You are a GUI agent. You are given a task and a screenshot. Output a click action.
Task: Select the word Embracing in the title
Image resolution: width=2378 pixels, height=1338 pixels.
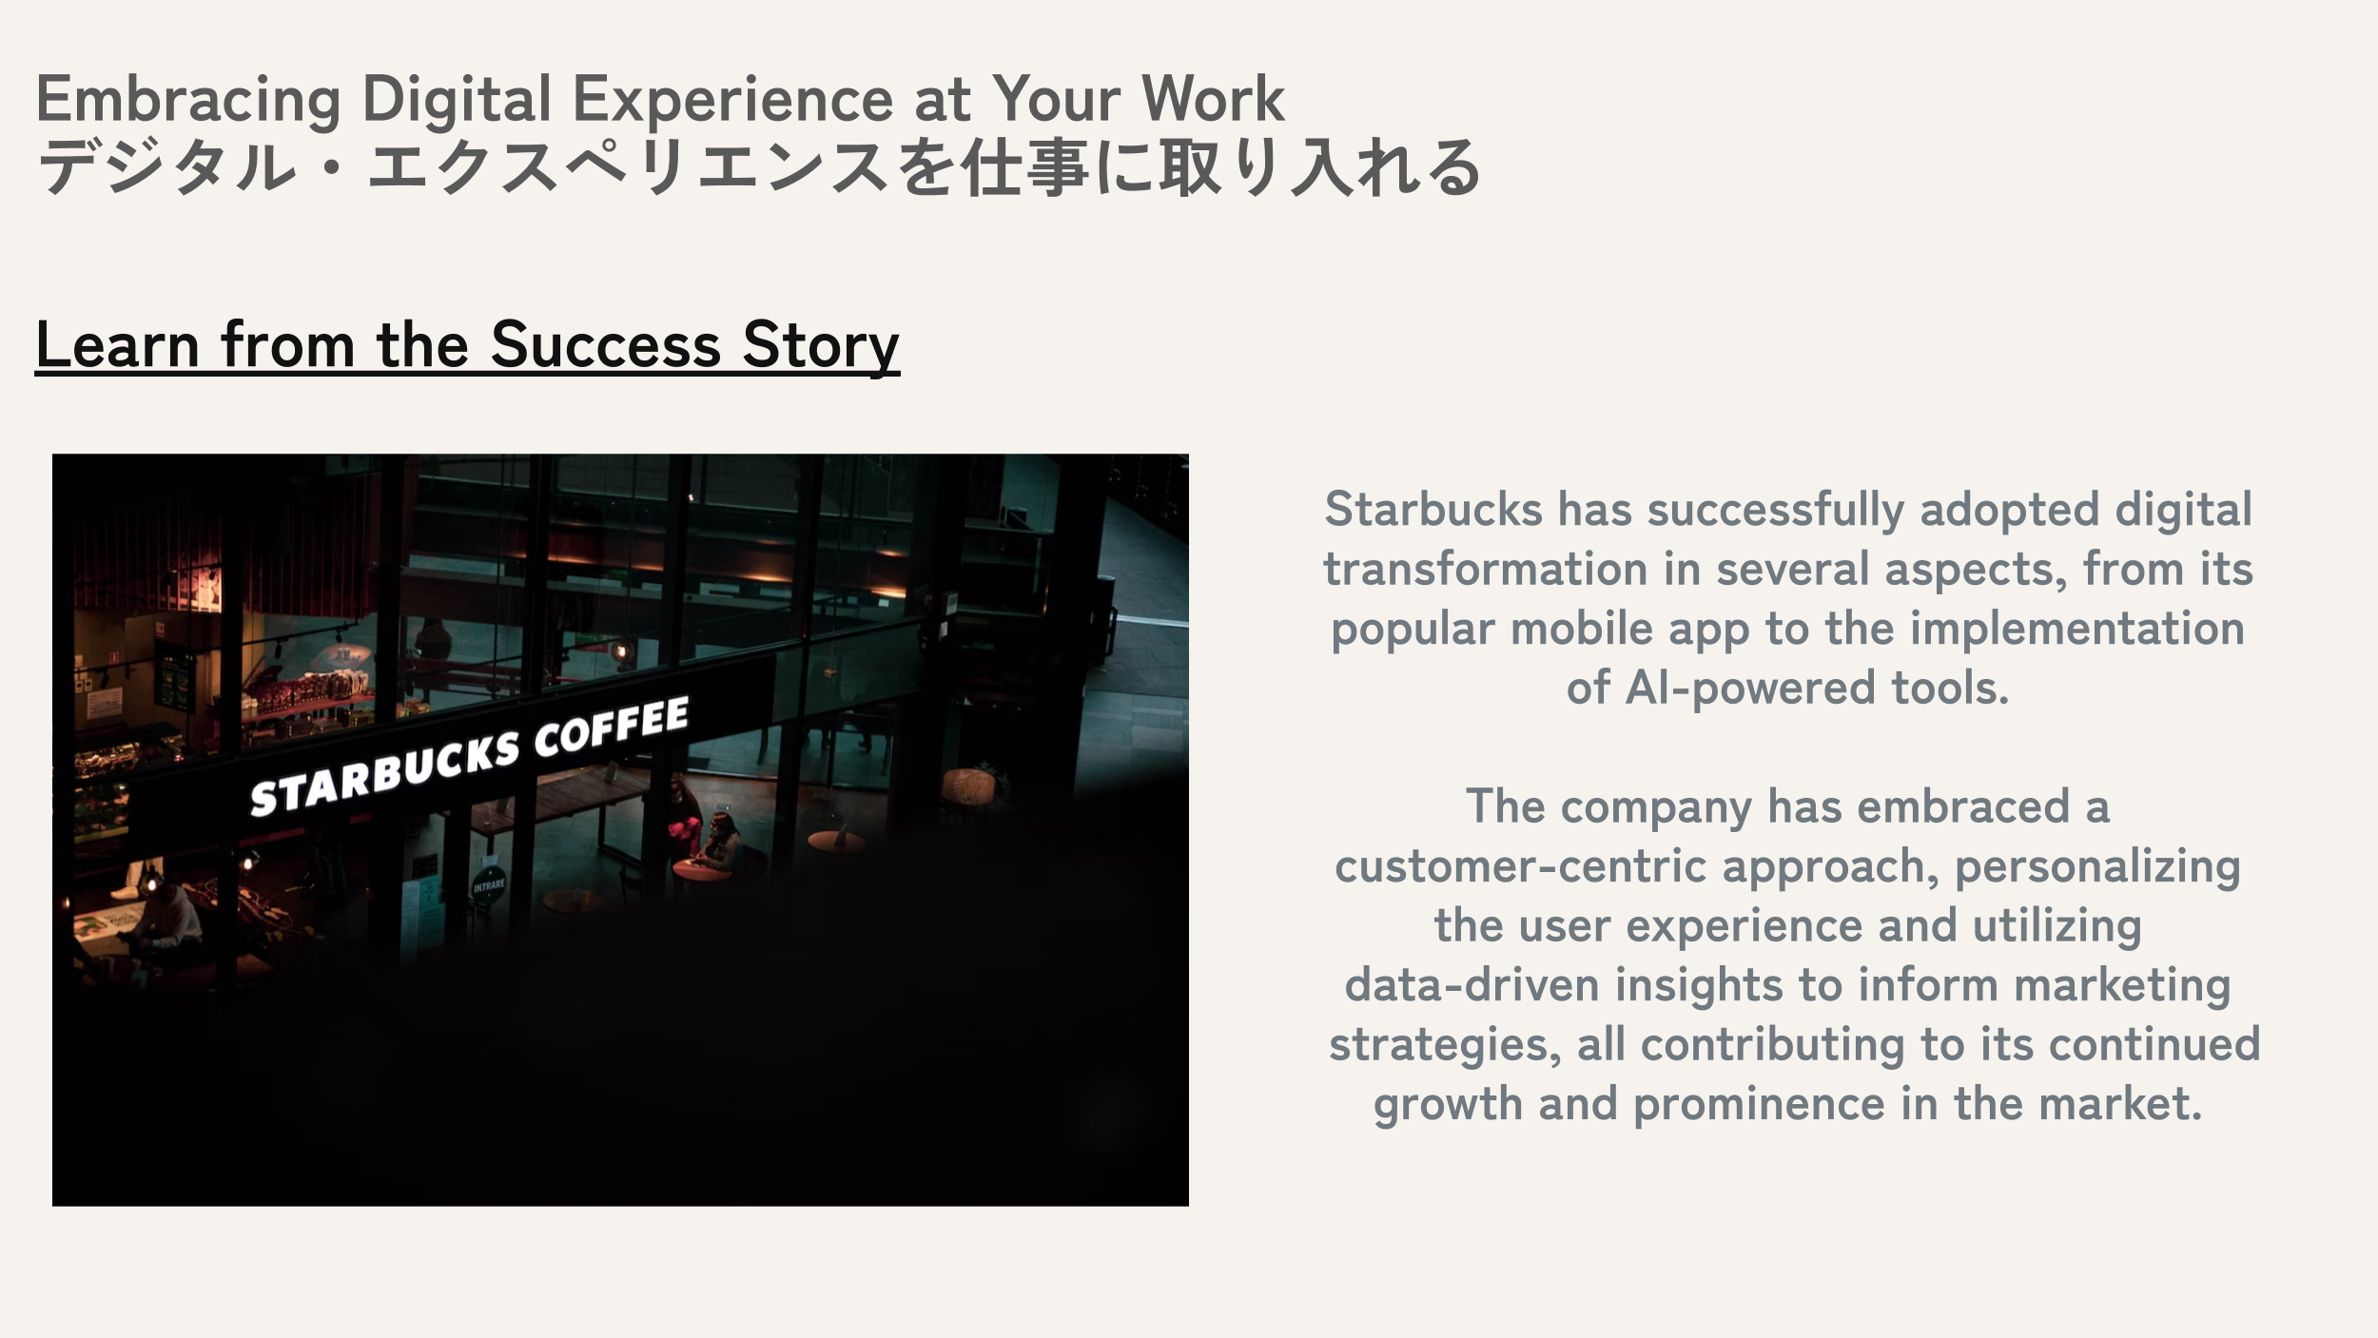point(188,100)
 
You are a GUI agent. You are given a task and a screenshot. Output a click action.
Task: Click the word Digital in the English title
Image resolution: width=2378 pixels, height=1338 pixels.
point(457,100)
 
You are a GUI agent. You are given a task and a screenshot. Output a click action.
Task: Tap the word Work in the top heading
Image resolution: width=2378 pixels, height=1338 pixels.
point(1213,98)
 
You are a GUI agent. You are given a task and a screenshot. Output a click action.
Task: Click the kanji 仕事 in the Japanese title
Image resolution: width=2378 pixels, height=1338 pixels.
point(1025,167)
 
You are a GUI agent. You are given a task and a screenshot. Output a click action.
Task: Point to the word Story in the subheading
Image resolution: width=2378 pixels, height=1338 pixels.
point(821,346)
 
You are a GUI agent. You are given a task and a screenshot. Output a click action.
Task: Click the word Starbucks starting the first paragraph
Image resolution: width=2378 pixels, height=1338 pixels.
point(1433,509)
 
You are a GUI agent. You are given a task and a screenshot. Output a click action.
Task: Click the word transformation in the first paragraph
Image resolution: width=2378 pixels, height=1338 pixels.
point(1485,569)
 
